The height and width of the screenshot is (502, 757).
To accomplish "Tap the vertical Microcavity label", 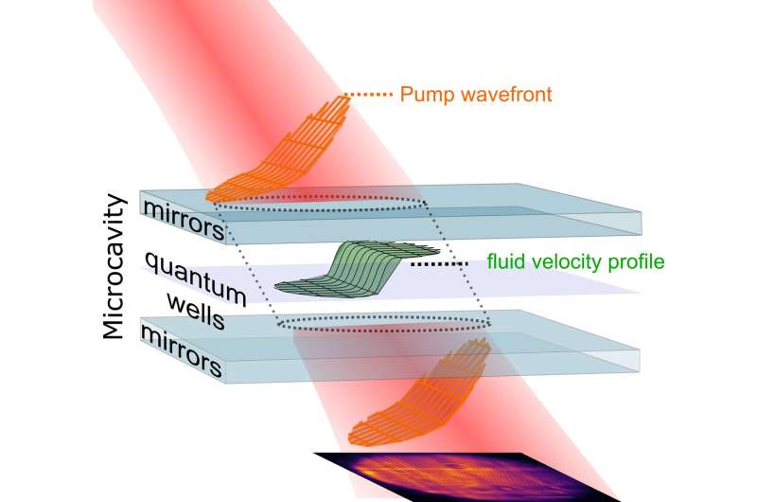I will pyautogui.click(x=117, y=267).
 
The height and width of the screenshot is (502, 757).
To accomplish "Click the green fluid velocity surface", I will pyautogui.click(x=360, y=270).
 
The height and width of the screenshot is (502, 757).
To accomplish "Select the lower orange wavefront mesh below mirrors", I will pyautogui.click(x=426, y=398).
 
